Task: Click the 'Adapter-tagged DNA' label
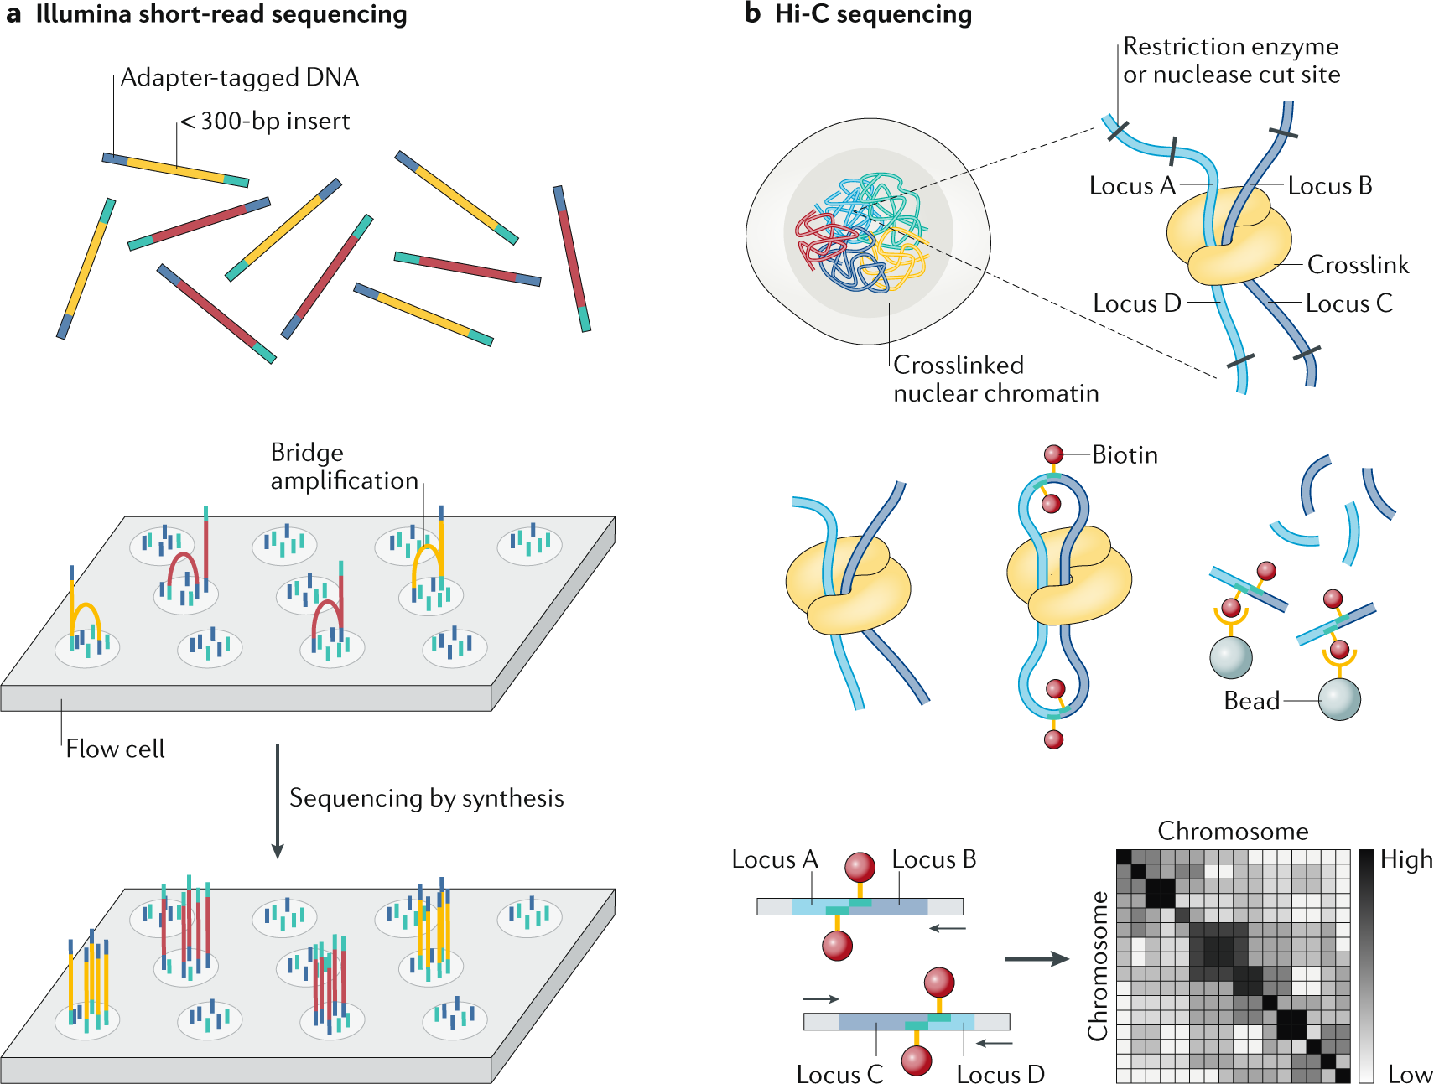pos(240,77)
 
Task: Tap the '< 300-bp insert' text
pos(265,121)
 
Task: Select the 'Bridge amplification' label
pos(344,466)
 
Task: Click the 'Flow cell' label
pos(115,749)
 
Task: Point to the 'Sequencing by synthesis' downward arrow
pos(278,801)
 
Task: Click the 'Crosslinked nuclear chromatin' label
pos(995,378)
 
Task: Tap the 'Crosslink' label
pos(1358,265)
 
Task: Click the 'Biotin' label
pos(1125,454)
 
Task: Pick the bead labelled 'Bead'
pos(1338,699)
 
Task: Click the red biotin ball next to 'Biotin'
pos(1053,454)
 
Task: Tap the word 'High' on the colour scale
pos(1406,859)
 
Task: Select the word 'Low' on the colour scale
pos(1410,1074)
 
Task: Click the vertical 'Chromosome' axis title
pos(1098,966)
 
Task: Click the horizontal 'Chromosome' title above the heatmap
pos(1233,831)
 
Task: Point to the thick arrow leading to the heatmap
pos(1037,959)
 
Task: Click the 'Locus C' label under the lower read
pos(839,1074)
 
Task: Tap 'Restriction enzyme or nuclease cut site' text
pos(1231,60)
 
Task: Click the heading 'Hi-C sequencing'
pos(873,14)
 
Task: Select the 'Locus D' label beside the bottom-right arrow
pos(1000,1074)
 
